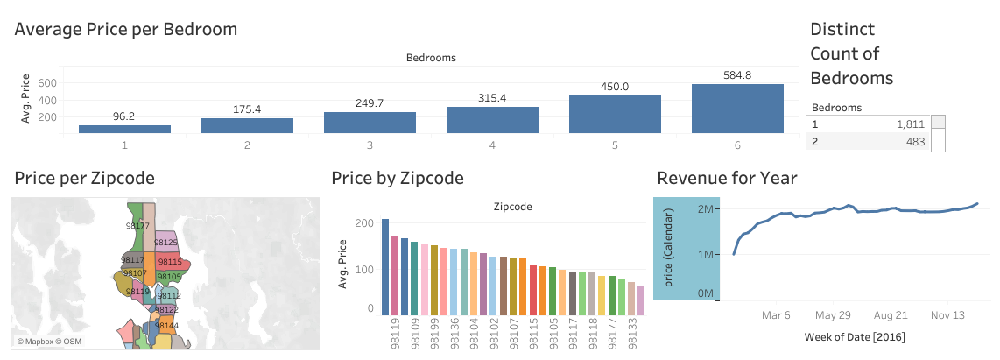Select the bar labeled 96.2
coord(124,129)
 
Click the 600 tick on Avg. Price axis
coord(47,83)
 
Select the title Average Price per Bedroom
coord(126,29)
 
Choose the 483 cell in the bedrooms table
coord(912,142)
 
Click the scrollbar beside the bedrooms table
coord(938,133)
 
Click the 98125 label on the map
coord(165,242)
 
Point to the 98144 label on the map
coord(166,325)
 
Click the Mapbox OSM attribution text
coord(46,341)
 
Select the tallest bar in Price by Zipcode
coord(384,266)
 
